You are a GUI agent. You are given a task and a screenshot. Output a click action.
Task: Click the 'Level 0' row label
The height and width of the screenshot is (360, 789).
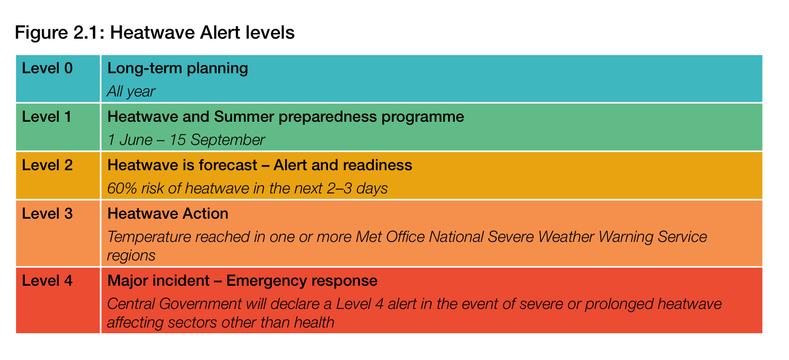tap(47, 68)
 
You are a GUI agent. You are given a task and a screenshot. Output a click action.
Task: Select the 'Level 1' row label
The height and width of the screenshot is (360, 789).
tap(46, 117)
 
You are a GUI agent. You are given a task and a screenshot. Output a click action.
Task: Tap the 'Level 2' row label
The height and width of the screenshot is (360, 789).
tap(47, 165)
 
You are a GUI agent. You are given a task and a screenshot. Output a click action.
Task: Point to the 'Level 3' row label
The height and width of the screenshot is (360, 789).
tap(47, 214)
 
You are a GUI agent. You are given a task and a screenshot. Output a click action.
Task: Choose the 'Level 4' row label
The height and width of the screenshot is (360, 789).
tap(47, 281)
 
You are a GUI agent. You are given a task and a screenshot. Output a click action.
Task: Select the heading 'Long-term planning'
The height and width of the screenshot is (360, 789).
tap(177, 69)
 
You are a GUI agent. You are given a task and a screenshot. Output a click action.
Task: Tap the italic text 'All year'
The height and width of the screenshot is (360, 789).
tap(131, 92)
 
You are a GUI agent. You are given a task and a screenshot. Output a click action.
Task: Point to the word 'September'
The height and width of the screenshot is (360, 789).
tap(227, 140)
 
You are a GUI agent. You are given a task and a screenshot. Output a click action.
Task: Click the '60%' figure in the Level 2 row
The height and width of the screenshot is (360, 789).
tap(122, 188)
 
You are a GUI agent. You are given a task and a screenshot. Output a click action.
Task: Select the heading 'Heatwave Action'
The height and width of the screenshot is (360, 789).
tap(168, 214)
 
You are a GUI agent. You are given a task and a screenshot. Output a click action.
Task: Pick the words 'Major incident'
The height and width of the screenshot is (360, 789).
tap(158, 281)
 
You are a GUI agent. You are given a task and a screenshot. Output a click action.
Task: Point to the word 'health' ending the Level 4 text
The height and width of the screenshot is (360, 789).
tap(314, 322)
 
